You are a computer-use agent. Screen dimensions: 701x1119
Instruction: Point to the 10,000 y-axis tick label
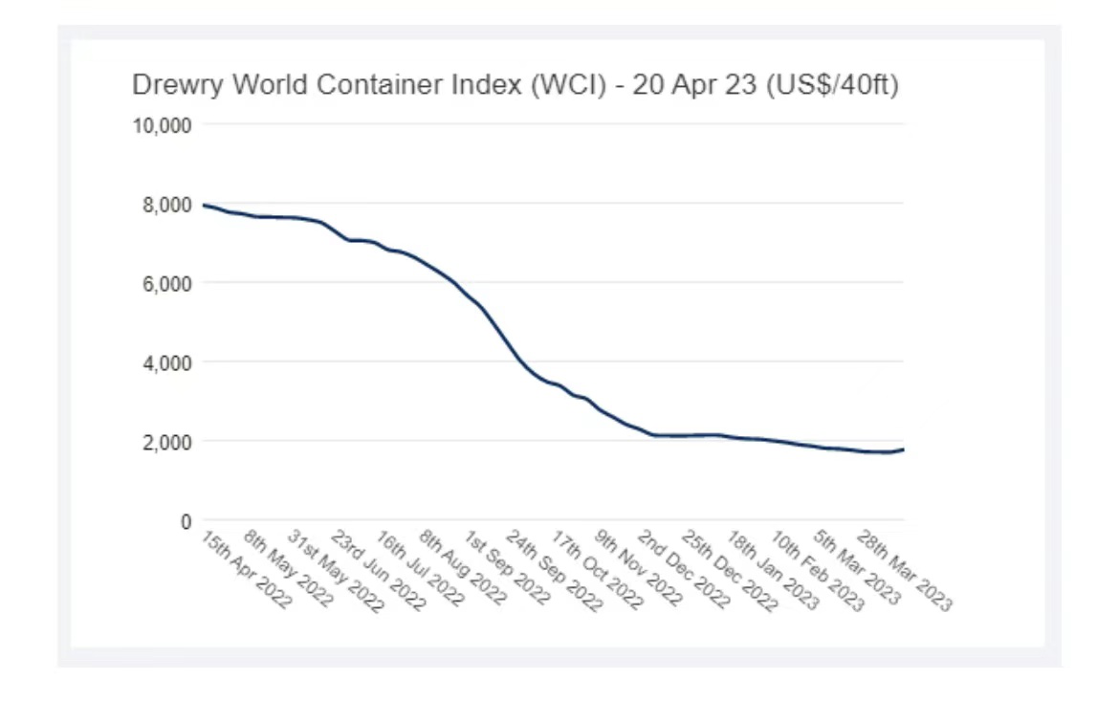pos(163,125)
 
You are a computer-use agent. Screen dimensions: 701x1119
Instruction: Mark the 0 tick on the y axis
pos(186,522)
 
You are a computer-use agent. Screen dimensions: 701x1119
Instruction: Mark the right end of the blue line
pos(903,449)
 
